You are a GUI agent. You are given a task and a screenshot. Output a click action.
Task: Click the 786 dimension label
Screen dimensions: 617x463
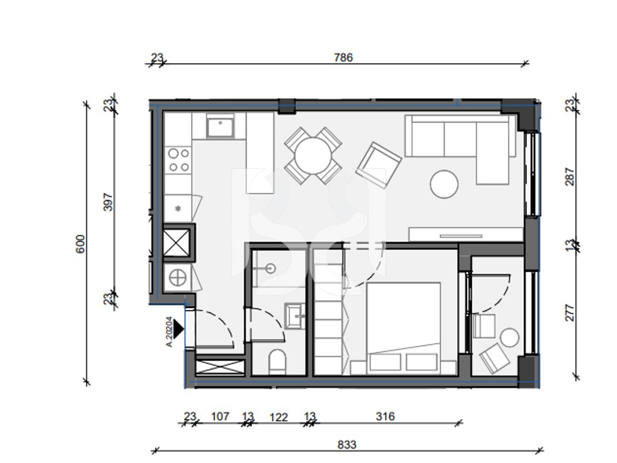click(343, 57)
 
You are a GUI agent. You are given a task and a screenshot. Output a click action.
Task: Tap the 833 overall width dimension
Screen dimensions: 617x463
click(346, 444)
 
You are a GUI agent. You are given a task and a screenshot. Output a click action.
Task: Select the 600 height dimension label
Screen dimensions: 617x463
click(80, 244)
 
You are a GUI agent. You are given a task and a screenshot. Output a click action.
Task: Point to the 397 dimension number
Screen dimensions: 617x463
click(108, 202)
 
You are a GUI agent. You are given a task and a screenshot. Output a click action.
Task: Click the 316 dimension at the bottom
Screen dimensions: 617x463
click(385, 416)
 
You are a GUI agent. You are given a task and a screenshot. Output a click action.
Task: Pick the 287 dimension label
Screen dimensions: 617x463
click(569, 177)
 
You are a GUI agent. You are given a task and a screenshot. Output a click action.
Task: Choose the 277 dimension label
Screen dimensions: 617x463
click(569, 313)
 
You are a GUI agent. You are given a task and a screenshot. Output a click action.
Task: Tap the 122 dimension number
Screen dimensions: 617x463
click(278, 417)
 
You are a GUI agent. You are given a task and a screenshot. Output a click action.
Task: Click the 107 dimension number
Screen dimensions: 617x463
click(220, 416)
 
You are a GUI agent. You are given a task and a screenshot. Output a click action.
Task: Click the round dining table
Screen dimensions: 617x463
click(313, 156)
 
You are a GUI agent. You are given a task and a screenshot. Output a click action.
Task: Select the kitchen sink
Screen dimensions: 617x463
click(221, 125)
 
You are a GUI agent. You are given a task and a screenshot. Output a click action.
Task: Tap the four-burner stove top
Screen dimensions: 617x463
click(179, 160)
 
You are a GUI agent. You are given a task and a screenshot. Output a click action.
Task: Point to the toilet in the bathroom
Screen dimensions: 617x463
click(277, 362)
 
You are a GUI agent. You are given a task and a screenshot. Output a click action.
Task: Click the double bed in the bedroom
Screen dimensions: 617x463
click(403, 327)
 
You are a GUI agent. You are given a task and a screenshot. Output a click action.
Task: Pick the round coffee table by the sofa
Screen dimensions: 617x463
click(444, 184)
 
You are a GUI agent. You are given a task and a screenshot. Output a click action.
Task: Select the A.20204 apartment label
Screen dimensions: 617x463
click(169, 332)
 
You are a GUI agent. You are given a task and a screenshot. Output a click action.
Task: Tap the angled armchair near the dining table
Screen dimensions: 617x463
click(378, 165)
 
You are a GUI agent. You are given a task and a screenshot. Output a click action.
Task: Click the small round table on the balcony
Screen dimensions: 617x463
click(510, 338)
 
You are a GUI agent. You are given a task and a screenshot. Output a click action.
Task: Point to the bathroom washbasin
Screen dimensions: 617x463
click(294, 316)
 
